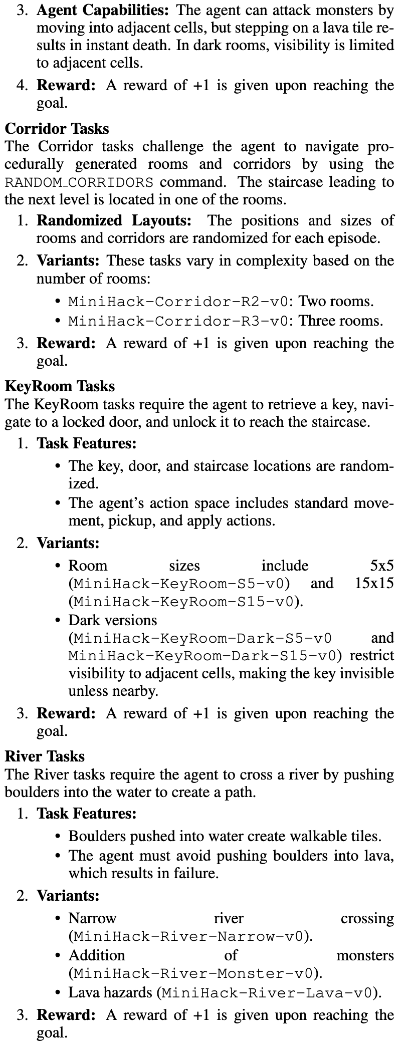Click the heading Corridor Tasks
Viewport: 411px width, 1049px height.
[57, 129]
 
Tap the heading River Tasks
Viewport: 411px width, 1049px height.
[45, 756]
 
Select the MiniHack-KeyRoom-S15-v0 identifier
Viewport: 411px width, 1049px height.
[185, 601]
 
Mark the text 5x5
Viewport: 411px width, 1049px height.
[382, 566]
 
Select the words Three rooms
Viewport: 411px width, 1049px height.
[341, 321]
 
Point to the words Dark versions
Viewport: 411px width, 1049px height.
[113, 620]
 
